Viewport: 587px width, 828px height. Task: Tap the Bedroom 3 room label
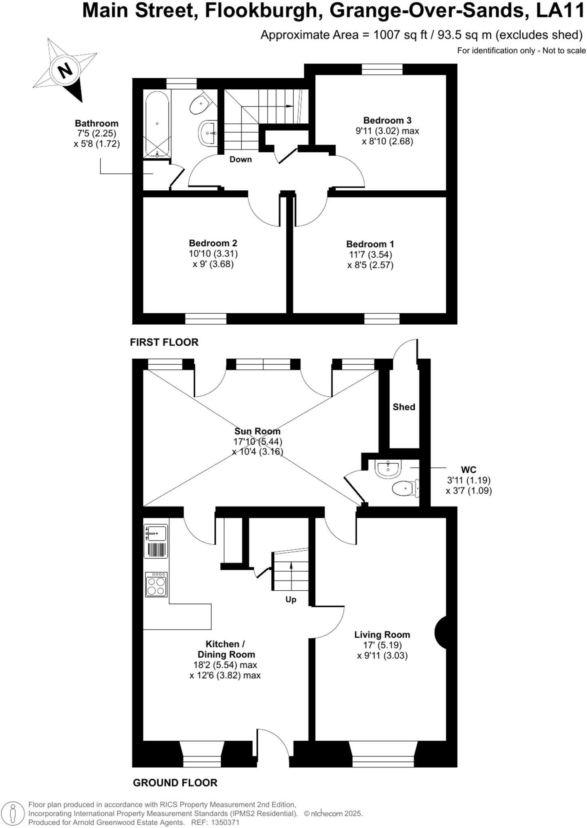[x=387, y=120]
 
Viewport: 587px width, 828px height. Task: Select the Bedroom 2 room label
[x=213, y=243]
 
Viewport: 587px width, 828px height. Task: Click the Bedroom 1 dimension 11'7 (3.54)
[x=370, y=255]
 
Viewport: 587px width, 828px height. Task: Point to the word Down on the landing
[x=241, y=159]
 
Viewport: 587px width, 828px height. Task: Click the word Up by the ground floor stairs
[x=291, y=600]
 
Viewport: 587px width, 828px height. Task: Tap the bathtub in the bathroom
[x=157, y=123]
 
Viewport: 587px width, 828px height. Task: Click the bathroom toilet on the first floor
[x=199, y=105]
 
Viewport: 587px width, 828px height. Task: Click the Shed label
[x=403, y=407]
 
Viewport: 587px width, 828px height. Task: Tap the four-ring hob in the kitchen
[x=156, y=584]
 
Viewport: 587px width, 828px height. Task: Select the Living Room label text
[x=382, y=635]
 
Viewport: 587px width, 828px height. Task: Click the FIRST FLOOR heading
[x=164, y=342]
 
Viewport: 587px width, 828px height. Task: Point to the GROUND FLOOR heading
[x=175, y=783]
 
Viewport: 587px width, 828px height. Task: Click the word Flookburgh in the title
[x=261, y=11]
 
